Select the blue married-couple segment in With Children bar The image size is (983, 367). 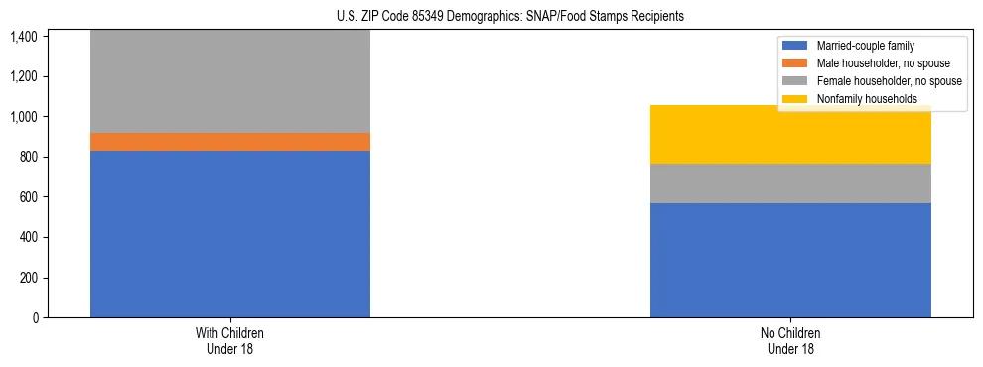230,234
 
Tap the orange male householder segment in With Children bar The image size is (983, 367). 230,142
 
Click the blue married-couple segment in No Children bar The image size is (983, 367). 790,260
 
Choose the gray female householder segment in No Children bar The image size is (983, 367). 790,183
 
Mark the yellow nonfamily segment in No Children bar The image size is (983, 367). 790,135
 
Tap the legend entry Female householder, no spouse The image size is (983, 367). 888,81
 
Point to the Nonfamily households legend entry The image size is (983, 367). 867,99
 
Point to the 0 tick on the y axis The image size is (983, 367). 35,318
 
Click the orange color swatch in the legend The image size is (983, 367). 796,63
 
